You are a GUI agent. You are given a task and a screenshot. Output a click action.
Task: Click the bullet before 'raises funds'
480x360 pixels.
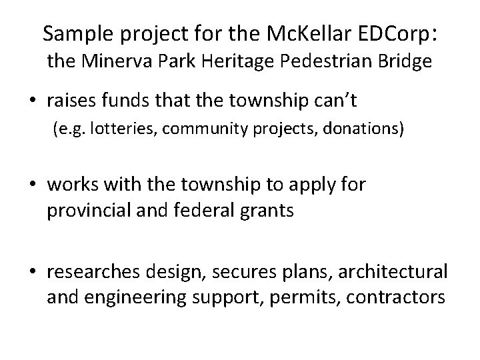coord(33,101)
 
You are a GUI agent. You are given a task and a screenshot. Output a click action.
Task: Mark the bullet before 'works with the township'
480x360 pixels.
coord(33,185)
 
